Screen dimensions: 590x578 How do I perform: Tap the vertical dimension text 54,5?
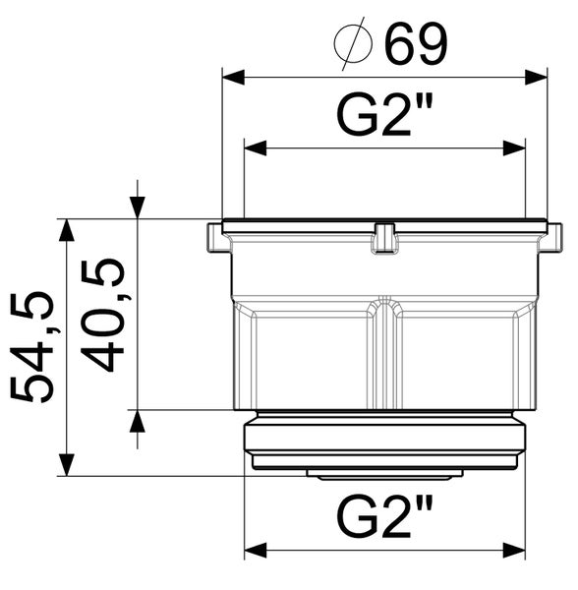click(x=34, y=347)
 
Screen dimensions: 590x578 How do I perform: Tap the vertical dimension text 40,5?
click(x=105, y=315)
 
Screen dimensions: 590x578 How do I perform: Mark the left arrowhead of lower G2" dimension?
click(x=256, y=551)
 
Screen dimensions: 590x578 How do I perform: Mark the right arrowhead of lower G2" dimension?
click(x=514, y=551)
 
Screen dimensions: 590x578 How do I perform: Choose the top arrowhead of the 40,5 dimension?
click(x=137, y=206)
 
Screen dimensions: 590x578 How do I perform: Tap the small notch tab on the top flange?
click(x=384, y=239)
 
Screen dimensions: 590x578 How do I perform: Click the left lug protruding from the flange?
click(x=215, y=239)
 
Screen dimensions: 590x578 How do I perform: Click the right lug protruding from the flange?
click(x=555, y=239)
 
